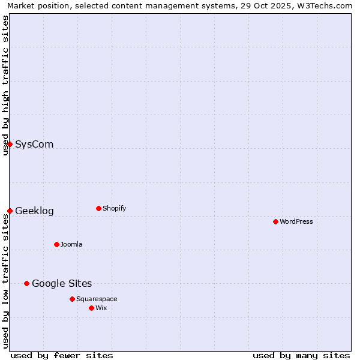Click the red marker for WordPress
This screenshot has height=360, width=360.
click(275, 221)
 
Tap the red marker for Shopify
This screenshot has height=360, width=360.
click(98, 208)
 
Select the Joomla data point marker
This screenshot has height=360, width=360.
click(56, 244)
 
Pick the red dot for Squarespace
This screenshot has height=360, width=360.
click(72, 299)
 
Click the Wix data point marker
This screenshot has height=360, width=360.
click(91, 308)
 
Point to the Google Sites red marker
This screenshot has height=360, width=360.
click(26, 283)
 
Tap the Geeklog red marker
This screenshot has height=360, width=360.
click(10, 211)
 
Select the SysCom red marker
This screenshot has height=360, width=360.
click(10, 144)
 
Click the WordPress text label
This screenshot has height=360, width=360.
click(296, 221)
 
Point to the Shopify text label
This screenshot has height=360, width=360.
click(114, 208)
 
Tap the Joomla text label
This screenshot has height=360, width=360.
click(71, 244)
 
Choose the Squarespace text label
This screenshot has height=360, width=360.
click(97, 299)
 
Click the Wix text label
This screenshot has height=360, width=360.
click(101, 308)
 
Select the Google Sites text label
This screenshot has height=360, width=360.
click(62, 283)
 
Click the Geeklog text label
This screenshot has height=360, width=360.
click(34, 211)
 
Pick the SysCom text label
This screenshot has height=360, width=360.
click(34, 144)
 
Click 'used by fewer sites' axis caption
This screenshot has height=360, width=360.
click(62, 355)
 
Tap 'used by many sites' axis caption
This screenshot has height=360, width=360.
click(301, 355)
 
